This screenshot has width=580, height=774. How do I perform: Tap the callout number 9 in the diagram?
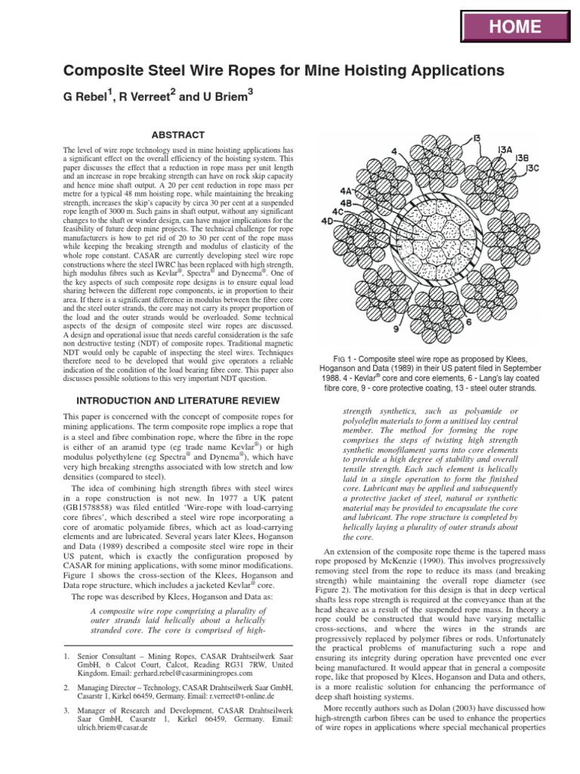coord(396,330)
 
